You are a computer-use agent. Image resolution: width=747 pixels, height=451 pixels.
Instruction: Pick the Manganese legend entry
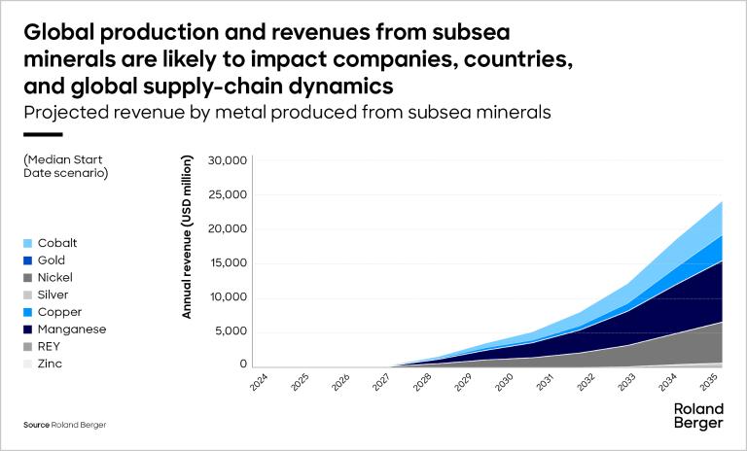tap(64, 330)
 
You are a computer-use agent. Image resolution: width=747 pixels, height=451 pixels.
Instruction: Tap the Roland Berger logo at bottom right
tap(698, 416)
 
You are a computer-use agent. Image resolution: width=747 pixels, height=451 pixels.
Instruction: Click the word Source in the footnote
tap(36, 426)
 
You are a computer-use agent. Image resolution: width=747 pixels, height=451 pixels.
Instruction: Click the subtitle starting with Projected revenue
tap(287, 112)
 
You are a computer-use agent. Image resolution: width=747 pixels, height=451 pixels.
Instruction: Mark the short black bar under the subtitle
tap(42, 134)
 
